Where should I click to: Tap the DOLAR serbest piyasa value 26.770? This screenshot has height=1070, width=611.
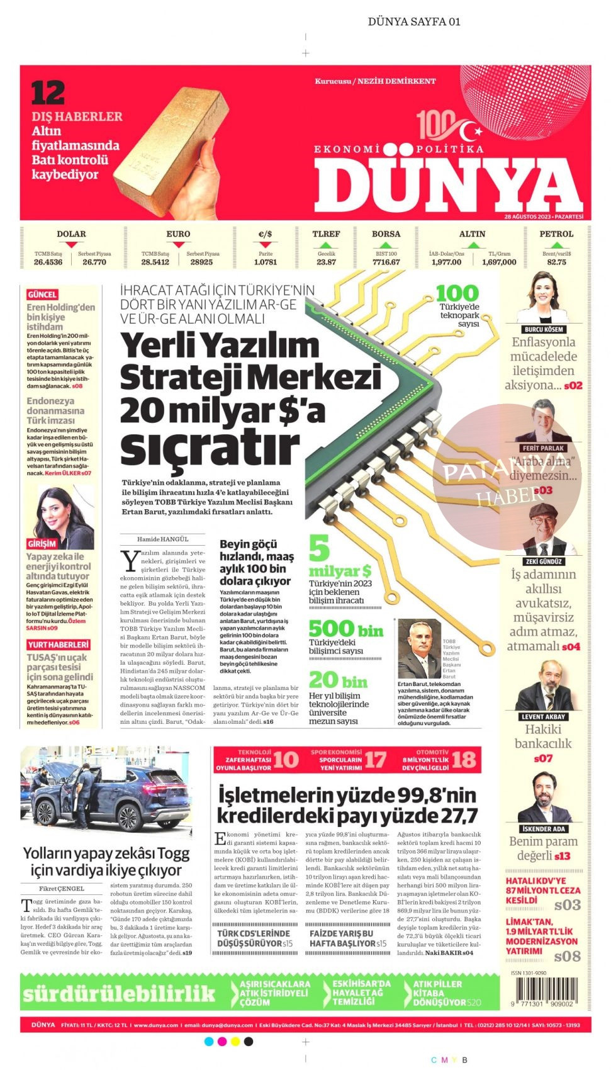click(x=94, y=262)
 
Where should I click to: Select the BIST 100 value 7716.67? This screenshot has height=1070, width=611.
click(x=386, y=262)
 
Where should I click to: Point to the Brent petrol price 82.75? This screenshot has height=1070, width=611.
click(x=556, y=262)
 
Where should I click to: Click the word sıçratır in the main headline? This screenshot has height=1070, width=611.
click(x=210, y=446)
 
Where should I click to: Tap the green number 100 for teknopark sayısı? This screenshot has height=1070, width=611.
click(x=457, y=293)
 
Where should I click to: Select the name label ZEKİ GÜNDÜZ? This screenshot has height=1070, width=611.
click(x=544, y=561)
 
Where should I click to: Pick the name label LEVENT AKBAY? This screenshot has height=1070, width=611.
click(x=544, y=717)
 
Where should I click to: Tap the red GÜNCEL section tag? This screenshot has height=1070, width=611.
click(x=42, y=295)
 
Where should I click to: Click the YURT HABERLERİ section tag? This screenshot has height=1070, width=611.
click(x=59, y=645)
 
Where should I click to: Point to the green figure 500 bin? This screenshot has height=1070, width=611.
click(x=345, y=629)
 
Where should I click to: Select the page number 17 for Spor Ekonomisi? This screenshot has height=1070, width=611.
click(x=375, y=760)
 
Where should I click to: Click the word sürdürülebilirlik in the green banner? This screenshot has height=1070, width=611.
click(x=120, y=993)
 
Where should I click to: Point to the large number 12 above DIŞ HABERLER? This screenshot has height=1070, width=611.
click(x=48, y=93)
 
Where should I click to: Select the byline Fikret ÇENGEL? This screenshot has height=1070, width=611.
click(x=61, y=889)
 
